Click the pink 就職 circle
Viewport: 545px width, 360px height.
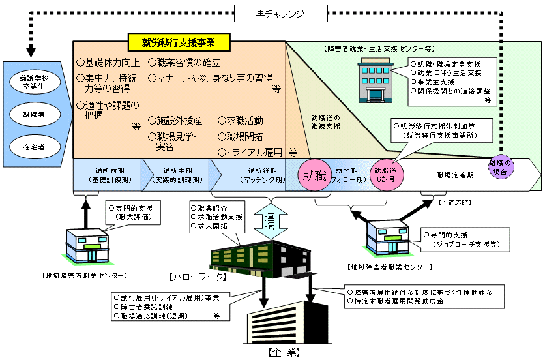tap(315, 175)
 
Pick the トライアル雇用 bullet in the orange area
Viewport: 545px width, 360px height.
tap(251, 152)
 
